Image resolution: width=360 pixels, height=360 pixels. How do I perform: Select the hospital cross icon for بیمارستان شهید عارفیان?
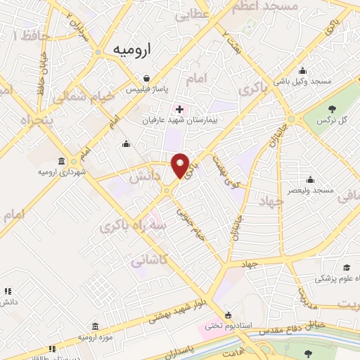pyautogui.click(x=180, y=109)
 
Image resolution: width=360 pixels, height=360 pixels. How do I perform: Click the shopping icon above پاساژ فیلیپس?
pyautogui.click(x=145, y=79)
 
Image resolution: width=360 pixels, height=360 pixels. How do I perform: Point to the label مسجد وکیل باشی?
pyautogui.click(x=303, y=82)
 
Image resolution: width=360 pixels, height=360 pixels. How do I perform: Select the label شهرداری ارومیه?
pyautogui.click(x=62, y=172)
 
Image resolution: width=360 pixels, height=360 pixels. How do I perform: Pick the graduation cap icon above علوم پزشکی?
pyautogui.click(x=346, y=268)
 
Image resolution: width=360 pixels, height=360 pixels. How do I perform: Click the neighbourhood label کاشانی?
pyautogui.click(x=149, y=260)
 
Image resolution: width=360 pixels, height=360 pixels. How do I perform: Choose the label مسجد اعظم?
pyautogui.click(x=270, y=6)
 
